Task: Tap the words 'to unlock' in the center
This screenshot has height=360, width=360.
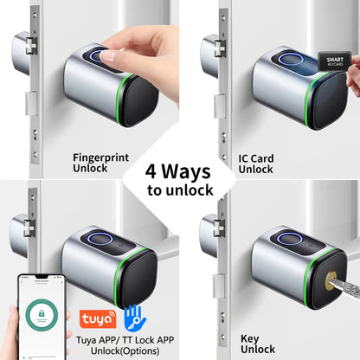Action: coord(179,190)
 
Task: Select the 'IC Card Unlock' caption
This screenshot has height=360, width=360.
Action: coord(255,164)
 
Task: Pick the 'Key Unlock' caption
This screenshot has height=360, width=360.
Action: coord(257,344)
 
